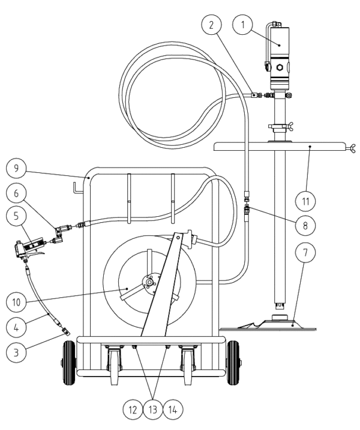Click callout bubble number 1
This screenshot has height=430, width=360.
click(x=242, y=25)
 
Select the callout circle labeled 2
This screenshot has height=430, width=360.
click(x=211, y=25)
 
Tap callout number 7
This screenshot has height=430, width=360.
click(x=305, y=252)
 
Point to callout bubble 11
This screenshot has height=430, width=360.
click(x=305, y=201)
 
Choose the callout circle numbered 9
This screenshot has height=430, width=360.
click(x=16, y=168)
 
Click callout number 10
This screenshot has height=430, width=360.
click(x=16, y=302)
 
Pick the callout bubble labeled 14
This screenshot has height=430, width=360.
click(x=173, y=410)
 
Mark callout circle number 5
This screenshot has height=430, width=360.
click(x=16, y=216)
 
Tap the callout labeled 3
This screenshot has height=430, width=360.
click(x=16, y=352)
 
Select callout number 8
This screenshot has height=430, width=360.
click(x=305, y=225)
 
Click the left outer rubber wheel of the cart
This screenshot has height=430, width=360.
click(x=69, y=363)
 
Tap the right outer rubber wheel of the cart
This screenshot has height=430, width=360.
click(x=233, y=363)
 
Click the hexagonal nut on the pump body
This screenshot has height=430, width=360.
click(x=280, y=67)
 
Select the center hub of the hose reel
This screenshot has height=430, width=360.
click(x=149, y=282)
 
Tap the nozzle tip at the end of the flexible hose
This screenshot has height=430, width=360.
click(x=66, y=332)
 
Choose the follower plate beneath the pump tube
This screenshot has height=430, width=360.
click(x=268, y=324)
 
